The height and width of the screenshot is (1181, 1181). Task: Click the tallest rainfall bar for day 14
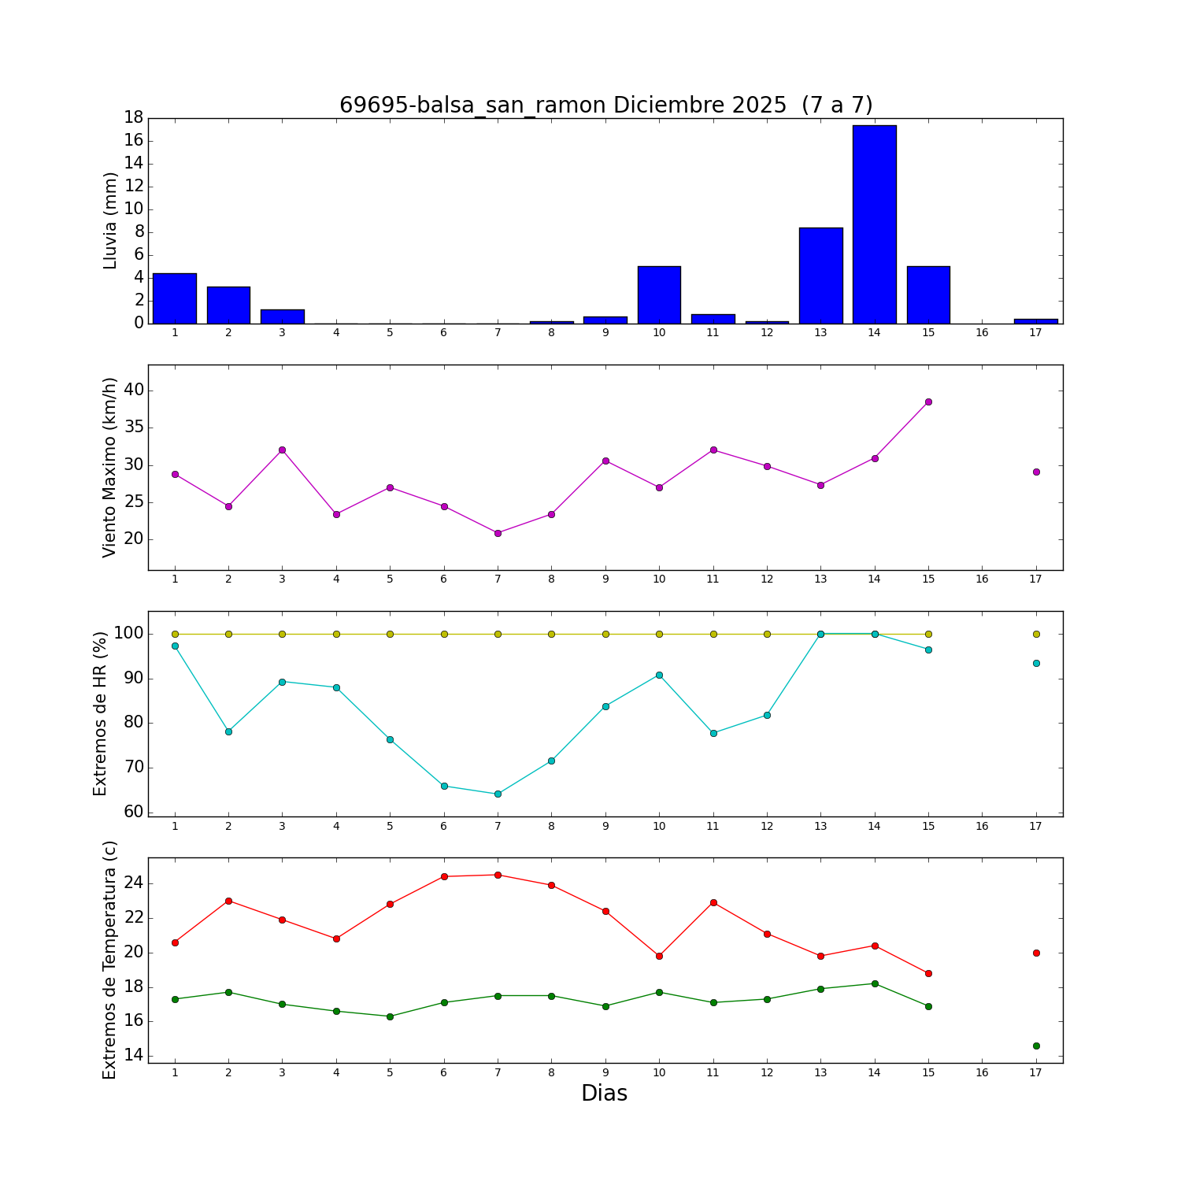(x=874, y=224)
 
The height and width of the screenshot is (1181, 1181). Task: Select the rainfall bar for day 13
(x=820, y=276)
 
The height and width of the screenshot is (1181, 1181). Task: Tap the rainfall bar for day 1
(x=175, y=298)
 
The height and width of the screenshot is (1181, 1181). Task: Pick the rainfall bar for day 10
(x=659, y=295)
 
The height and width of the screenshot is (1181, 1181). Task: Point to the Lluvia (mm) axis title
(x=110, y=220)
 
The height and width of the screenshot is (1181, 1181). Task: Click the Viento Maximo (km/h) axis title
(x=110, y=467)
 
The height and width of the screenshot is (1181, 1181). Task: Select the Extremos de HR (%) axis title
(x=101, y=713)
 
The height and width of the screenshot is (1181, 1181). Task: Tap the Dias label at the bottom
(x=604, y=1093)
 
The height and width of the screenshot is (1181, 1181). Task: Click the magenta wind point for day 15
(x=928, y=402)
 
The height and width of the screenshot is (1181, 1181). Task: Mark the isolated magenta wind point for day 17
(x=1036, y=472)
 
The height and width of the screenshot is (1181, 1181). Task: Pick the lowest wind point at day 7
(x=498, y=533)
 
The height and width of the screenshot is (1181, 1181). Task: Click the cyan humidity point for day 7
(x=498, y=794)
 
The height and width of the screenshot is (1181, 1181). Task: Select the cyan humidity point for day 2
(x=228, y=731)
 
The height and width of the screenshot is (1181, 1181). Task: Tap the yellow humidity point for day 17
(x=1036, y=634)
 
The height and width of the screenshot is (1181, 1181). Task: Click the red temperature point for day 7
(x=498, y=875)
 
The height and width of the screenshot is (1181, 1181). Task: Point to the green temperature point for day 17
(x=1036, y=1046)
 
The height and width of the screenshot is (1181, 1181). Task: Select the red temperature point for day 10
(x=659, y=956)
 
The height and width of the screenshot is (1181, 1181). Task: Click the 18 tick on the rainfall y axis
(x=133, y=117)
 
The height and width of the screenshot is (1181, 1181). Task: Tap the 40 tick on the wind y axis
(x=133, y=391)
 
